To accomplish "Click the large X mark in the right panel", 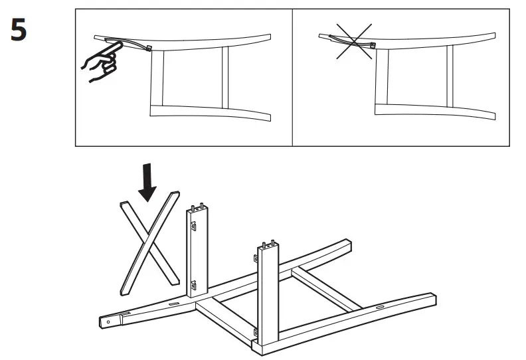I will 354,41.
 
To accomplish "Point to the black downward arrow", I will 147,183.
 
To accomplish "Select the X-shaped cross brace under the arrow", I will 149,242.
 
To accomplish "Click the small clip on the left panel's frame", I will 148,48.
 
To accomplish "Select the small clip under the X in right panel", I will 373,46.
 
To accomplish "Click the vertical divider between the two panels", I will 292,77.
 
